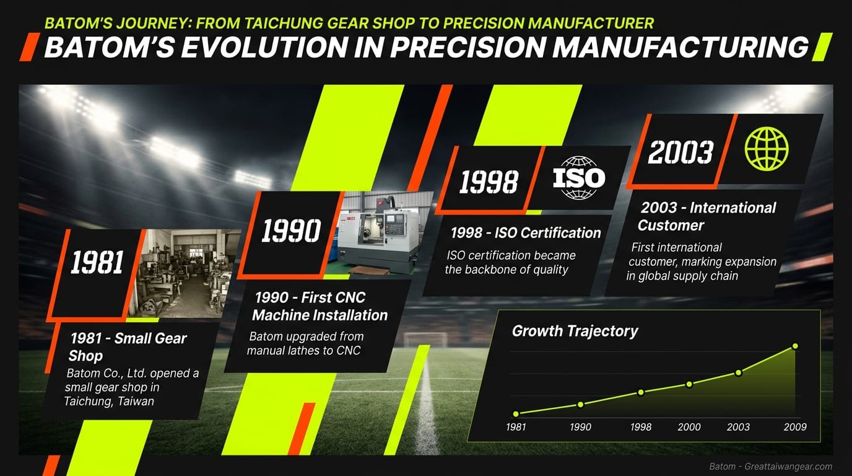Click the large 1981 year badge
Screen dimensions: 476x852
coord(97,263)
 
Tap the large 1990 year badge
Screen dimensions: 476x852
coord(290,231)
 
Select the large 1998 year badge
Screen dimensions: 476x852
coord(489,182)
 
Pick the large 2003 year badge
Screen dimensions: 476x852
coord(680,151)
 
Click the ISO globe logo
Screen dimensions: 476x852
coord(578,178)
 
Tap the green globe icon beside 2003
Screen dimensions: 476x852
coord(767,149)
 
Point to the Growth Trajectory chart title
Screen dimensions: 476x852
coord(575,331)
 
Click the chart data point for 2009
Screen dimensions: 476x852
coord(795,346)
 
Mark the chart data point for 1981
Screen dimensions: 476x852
coord(516,413)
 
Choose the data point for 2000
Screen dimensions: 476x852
coord(689,384)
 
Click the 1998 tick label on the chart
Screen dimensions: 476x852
coord(640,427)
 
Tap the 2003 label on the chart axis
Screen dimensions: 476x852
coord(738,427)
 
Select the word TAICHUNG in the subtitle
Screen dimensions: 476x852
coord(288,24)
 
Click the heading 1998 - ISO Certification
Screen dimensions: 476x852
coord(525,233)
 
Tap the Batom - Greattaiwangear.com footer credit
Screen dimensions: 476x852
coord(770,467)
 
